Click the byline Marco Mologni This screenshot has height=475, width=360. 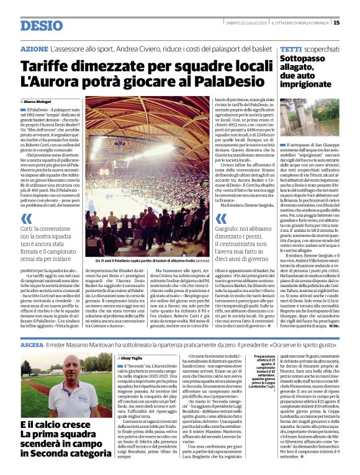click(38, 101)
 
